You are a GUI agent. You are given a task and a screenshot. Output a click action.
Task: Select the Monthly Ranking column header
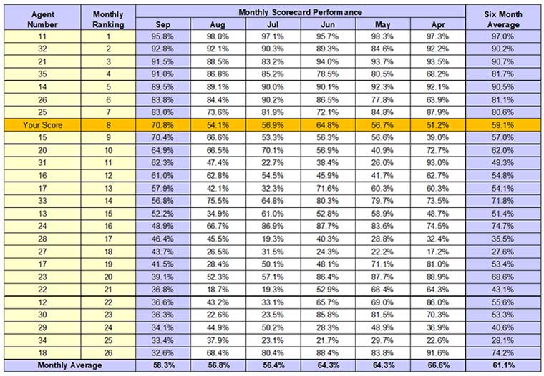[x=108, y=19]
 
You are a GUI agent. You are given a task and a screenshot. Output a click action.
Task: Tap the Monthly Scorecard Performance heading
[x=301, y=12]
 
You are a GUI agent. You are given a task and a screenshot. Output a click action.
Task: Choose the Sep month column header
[x=163, y=24]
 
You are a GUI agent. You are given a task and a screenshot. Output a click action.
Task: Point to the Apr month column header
[x=438, y=24]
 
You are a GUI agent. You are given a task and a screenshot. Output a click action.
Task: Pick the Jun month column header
[x=329, y=24]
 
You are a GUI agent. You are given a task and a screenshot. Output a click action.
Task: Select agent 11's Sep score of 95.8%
[x=163, y=36]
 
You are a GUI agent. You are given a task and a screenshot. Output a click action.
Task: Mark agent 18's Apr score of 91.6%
[x=438, y=353]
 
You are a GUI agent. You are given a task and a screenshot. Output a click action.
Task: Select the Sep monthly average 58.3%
[x=163, y=365]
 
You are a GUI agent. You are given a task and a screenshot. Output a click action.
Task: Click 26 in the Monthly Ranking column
[x=108, y=353]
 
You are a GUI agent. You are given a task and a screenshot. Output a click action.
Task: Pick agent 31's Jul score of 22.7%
[x=273, y=163]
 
